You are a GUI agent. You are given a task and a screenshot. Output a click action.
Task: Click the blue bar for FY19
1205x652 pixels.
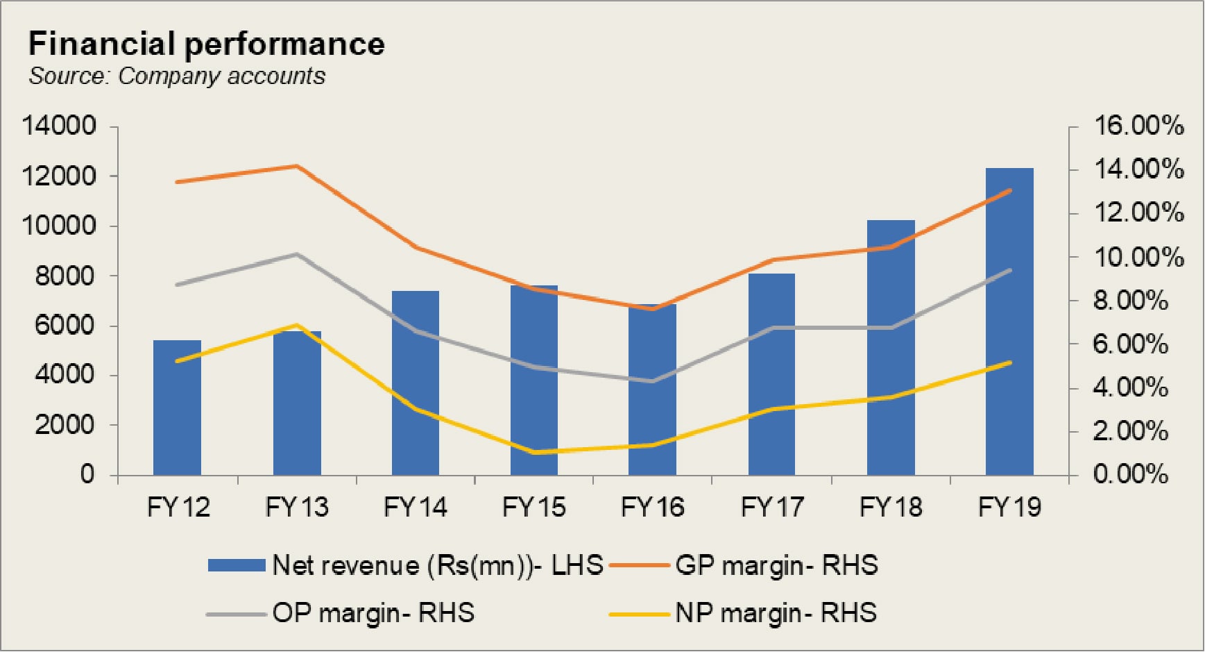(x=1009, y=321)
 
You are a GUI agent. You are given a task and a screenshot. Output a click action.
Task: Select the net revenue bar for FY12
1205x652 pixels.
(x=177, y=408)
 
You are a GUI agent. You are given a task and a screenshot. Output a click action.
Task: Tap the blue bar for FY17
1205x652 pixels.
(x=771, y=374)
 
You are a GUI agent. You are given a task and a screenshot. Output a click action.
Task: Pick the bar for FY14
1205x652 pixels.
(x=416, y=383)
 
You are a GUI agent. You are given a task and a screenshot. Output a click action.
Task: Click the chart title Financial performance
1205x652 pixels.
(x=207, y=44)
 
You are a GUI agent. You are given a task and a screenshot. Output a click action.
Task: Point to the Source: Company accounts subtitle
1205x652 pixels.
(x=177, y=76)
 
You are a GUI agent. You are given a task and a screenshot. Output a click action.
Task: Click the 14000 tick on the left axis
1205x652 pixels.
(x=59, y=126)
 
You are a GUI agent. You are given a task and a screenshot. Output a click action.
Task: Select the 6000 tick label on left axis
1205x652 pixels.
(x=65, y=325)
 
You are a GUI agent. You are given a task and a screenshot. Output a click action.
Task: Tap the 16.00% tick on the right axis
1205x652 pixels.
(x=1138, y=126)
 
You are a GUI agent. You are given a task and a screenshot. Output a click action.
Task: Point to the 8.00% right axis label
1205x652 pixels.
(x=1131, y=301)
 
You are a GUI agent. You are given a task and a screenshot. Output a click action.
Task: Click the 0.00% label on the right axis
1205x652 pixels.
(x=1131, y=475)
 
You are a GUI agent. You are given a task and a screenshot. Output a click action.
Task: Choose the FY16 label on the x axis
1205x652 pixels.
(x=653, y=507)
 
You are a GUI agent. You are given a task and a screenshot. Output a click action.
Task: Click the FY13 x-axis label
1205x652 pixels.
(x=297, y=507)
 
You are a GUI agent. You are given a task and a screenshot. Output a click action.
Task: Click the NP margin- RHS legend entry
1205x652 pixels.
(x=743, y=613)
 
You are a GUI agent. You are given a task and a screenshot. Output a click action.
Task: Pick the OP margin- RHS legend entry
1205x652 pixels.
(x=341, y=613)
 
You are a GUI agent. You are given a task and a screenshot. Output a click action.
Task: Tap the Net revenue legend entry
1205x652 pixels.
(x=406, y=565)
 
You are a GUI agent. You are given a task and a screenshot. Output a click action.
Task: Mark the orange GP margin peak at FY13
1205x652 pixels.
(x=297, y=166)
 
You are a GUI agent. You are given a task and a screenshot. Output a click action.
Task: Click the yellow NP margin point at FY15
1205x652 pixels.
(x=534, y=453)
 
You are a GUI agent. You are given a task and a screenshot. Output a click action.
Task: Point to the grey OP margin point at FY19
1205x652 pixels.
(x=1009, y=270)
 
